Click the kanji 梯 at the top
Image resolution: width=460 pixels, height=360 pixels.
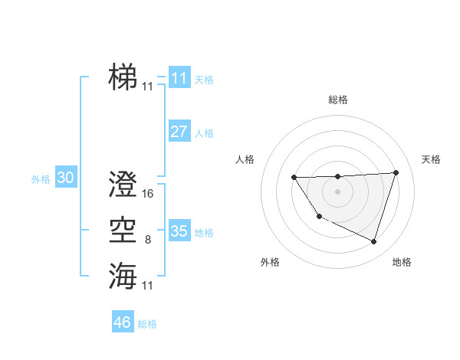tap(123, 77)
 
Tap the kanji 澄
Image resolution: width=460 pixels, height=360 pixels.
tap(123, 184)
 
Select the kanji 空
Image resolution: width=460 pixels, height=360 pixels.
tap(123, 230)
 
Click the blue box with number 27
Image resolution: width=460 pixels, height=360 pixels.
tap(179, 131)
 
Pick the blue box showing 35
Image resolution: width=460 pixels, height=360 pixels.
tap(179, 231)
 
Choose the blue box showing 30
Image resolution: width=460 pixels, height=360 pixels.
tap(65, 178)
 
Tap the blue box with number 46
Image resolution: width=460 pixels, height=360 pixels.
tap(122, 322)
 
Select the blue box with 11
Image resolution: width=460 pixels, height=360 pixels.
tap(179, 78)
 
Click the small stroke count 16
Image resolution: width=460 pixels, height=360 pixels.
tap(148, 194)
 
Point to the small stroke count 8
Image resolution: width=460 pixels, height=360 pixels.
tap(148, 240)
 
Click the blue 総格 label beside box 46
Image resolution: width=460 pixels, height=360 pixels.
tap(147, 324)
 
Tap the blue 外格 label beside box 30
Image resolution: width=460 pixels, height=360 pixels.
tap(41, 179)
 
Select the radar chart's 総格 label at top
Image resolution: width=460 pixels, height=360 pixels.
tap(338, 100)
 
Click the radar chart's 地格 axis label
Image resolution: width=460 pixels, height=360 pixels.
tap(402, 263)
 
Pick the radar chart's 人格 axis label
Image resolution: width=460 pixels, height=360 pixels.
tap(245, 159)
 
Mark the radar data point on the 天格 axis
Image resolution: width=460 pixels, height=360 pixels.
tap(396, 172)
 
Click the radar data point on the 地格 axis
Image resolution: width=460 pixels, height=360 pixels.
tap(374, 241)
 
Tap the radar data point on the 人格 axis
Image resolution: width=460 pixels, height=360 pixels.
tap(294, 178)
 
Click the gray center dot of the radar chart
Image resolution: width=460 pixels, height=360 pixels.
tap(338, 191)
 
